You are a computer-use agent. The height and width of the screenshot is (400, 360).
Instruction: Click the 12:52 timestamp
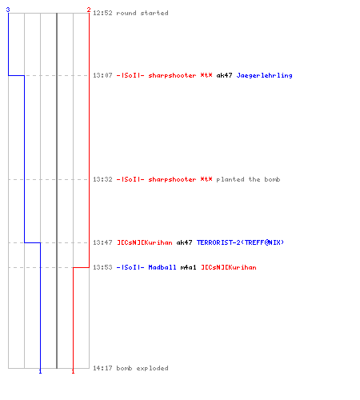pyautogui.click(x=102, y=13)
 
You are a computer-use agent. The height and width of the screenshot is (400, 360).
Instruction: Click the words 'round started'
pyautogui.click(x=142, y=13)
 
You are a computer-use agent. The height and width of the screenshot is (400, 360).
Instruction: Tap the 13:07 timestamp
pyautogui.click(x=102, y=75)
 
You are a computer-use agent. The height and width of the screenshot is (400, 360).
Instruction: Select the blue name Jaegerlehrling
pyautogui.click(x=264, y=76)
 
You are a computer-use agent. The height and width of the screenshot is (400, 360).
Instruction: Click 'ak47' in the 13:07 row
pyautogui.click(x=224, y=75)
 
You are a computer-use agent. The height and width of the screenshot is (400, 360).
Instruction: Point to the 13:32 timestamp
pyautogui.click(x=102, y=179)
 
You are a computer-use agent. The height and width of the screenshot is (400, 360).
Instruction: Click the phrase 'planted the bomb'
pyautogui.click(x=248, y=179)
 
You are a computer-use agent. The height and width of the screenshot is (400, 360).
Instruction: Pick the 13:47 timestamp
pyautogui.click(x=102, y=242)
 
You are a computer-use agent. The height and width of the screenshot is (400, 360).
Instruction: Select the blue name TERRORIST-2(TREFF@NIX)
pyautogui.click(x=240, y=242)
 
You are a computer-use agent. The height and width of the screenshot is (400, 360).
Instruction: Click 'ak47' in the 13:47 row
pyautogui.click(x=184, y=242)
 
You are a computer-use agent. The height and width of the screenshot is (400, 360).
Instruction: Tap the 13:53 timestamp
pyautogui.click(x=102, y=267)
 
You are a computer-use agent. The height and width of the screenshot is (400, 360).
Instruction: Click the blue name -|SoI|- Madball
pyautogui.click(x=146, y=267)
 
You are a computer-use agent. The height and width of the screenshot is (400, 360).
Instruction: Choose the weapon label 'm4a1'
pyautogui.click(x=189, y=267)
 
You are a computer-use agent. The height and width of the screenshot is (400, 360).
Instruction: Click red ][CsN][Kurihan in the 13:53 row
pyautogui.click(x=229, y=267)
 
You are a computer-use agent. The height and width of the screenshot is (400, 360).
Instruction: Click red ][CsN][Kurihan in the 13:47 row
pyautogui.click(x=145, y=242)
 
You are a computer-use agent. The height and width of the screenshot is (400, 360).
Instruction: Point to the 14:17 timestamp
pyautogui.click(x=102, y=368)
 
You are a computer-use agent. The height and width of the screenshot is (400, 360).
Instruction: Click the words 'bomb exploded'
pyautogui.click(x=142, y=368)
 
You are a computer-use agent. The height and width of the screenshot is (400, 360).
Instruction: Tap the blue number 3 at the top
pyautogui.click(x=8, y=10)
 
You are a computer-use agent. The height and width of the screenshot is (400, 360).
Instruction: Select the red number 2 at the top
pyautogui.click(x=89, y=10)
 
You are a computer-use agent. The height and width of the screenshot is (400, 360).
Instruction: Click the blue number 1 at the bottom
pyautogui.click(x=40, y=371)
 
